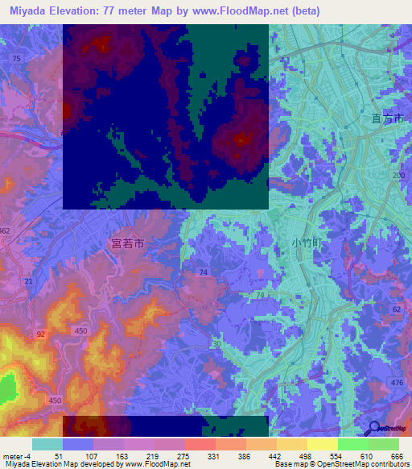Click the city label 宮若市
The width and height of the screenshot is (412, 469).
pos(127,241)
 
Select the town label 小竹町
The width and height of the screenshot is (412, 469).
pos(306,241)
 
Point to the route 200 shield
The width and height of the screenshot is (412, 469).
pos(397,175)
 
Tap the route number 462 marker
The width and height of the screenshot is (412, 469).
pos(6,230)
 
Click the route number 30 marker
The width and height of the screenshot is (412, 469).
pos(216,344)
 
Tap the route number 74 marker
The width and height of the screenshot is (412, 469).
pos(204,273)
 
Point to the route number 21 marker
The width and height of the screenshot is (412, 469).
pos(29,280)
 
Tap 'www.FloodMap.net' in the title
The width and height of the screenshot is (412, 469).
pos(242,11)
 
